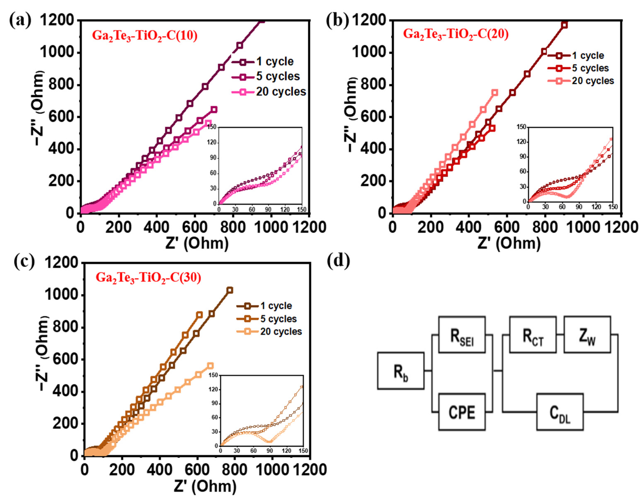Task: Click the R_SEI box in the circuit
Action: [462, 335]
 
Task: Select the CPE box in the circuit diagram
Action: [462, 412]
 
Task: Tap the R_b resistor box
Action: [401, 371]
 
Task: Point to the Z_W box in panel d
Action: [587, 335]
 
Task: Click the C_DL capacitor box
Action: [560, 412]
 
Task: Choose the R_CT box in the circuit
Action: [533, 335]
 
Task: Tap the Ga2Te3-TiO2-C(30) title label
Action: [148, 278]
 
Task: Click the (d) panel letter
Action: [339, 261]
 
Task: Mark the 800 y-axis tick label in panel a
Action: [61, 85]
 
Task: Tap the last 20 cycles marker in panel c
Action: [210, 366]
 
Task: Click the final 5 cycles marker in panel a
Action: [214, 109]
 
